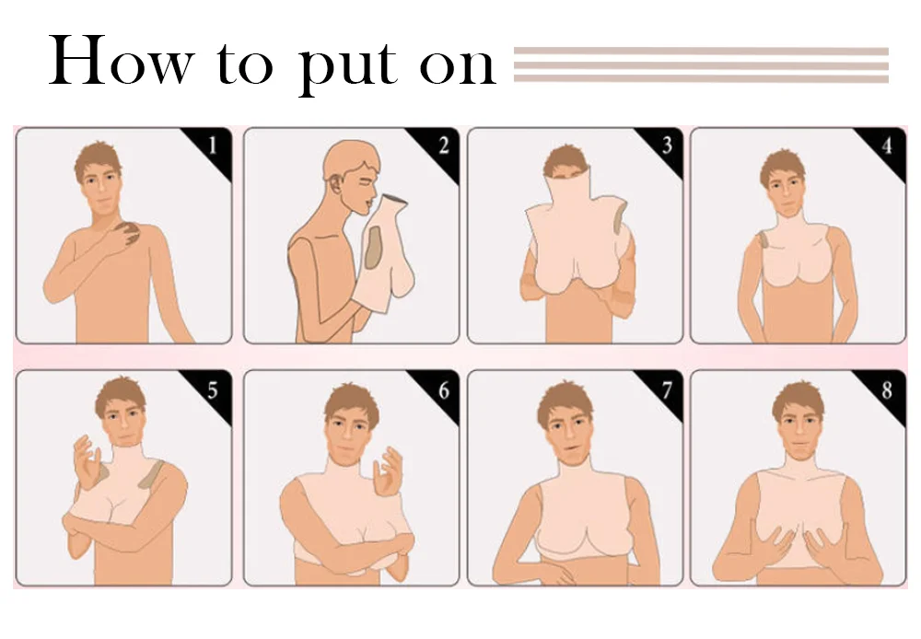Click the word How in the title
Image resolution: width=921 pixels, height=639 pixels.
[122, 61]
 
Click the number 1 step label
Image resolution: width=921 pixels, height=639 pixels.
[213, 144]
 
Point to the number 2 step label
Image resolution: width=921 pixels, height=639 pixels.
[444, 145]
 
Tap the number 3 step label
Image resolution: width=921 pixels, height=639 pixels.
[667, 145]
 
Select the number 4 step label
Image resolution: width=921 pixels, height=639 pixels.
[887, 145]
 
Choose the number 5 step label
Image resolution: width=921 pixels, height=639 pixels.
[212, 389]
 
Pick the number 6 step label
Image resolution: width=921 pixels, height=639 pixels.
[444, 389]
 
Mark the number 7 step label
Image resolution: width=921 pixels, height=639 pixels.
[667, 389]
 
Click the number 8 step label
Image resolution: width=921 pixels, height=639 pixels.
[887, 389]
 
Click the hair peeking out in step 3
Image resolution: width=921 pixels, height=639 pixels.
[565, 161]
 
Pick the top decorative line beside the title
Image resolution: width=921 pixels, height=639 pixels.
[701, 51]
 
